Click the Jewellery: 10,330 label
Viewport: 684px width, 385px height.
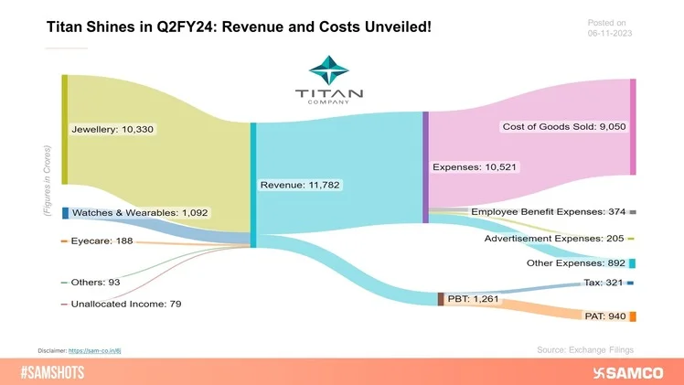[x=112, y=130]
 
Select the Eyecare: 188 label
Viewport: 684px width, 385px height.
[x=102, y=241]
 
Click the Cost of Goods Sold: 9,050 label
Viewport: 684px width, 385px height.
[x=563, y=125]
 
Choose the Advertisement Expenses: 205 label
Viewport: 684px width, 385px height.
[x=555, y=239]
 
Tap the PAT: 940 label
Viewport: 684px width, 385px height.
[x=604, y=315]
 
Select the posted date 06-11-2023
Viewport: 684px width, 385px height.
[x=609, y=34]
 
